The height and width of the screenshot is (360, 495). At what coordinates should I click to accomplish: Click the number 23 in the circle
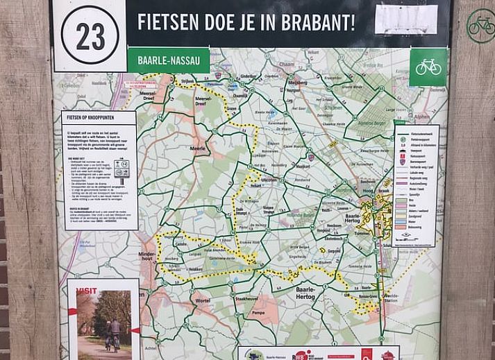(90, 36)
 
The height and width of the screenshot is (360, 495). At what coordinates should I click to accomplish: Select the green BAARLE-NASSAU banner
(169, 60)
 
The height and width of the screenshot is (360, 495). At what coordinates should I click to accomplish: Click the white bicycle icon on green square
(428, 67)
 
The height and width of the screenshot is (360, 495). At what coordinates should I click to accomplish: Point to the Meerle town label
(198, 148)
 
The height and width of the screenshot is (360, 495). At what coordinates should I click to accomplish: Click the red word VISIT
(87, 291)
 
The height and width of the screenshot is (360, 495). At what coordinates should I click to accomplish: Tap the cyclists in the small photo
(111, 333)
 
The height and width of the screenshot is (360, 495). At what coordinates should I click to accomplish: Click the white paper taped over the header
(406, 19)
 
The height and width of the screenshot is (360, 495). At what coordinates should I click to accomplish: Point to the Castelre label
(181, 244)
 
